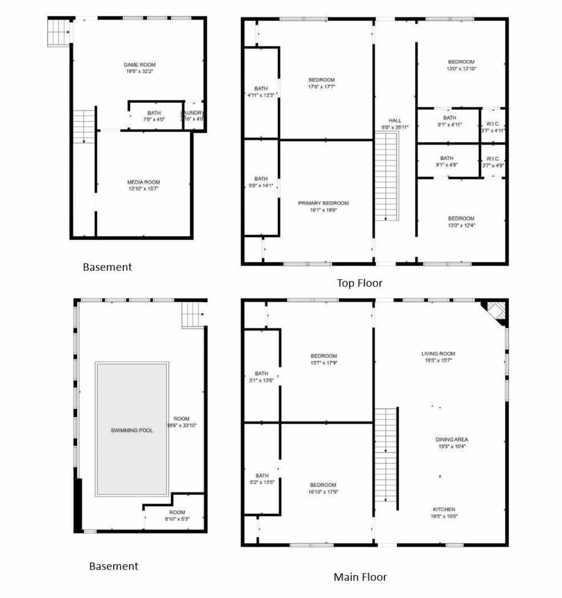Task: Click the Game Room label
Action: coord(139,64)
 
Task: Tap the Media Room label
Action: coord(143,182)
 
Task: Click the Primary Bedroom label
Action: coord(323,203)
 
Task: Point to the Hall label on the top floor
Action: coord(395,121)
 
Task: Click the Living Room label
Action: coord(438,353)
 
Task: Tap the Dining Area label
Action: coord(451,439)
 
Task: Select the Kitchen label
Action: coord(444,509)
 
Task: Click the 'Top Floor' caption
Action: coord(359,283)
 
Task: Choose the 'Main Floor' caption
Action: coord(360,577)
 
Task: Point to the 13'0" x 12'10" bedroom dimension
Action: coord(461,68)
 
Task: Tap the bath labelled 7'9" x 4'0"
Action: coord(154,116)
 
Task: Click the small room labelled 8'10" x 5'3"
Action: coord(177,515)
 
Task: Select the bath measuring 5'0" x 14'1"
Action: coord(261,183)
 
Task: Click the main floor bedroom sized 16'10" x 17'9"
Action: coord(323,489)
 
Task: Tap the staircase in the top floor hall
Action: coord(386,176)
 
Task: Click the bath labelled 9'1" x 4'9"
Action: coord(447,161)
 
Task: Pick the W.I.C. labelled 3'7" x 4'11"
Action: coord(492,127)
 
